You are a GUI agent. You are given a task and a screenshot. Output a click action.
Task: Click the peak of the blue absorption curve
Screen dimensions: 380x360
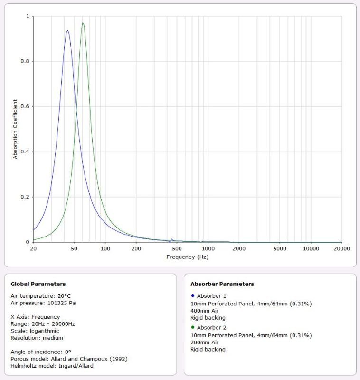coord(67,31)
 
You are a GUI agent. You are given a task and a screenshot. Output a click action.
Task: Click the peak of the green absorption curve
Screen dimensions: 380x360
coord(83,23)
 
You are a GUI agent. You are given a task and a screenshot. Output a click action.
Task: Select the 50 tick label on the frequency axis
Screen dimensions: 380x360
coord(74,248)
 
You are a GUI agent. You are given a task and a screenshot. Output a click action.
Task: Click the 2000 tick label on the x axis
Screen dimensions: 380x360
coord(239,248)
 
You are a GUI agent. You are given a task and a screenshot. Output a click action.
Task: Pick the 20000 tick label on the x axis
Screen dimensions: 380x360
coord(341,248)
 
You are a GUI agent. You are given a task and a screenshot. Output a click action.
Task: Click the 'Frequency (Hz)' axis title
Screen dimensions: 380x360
coord(187,256)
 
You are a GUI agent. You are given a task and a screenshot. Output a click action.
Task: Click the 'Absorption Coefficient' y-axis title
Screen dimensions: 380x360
coord(15,129)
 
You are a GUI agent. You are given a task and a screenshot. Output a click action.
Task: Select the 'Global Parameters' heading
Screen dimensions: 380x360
coord(38,284)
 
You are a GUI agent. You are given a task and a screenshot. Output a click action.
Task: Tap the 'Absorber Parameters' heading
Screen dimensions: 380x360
coord(222,284)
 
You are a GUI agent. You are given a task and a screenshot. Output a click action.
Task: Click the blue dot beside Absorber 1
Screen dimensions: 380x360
coord(192,295)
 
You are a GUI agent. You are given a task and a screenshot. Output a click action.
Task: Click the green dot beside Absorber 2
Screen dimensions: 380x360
coord(192,327)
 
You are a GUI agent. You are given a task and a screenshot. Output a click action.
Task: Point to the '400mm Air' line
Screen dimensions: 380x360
coord(204,310)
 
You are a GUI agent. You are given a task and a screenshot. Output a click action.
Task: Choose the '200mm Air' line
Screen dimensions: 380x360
coord(204,342)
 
